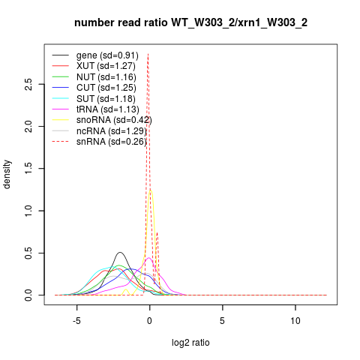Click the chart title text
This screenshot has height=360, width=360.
pyautogui.click(x=190, y=22)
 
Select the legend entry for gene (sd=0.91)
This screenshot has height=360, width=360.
pyautogui.click(x=107, y=55)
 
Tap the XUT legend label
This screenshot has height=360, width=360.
pyautogui.click(x=106, y=66)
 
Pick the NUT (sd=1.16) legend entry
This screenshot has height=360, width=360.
pyautogui.click(x=106, y=77)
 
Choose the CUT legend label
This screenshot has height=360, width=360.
pyautogui.click(x=106, y=88)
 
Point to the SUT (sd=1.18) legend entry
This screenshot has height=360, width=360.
pyautogui.click(x=106, y=99)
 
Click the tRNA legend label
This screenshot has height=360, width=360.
pyautogui.click(x=108, y=109)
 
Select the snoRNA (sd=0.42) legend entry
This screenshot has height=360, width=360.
pyautogui.click(x=114, y=120)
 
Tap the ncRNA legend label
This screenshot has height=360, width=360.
pyautogui.click(x=112, y=131)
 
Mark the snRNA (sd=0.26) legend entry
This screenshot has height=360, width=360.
pyautogui.click(x=112, y=142)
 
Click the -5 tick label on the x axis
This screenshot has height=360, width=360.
pyautogui.click(x=76, y=321)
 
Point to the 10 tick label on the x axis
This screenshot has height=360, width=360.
pyautogui.click(x=295, y=321)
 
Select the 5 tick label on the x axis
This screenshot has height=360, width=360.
pyautogui.click(x=222, y=321)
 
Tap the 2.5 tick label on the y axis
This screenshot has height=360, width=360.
pyautogui.click(x=28, y=84)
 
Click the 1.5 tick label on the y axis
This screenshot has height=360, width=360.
pyautogui.click(x=28, y=169)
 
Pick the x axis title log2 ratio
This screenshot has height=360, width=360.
pyautogui.click(x=190, y=343)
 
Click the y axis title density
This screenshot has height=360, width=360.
pyautogui.click(x=7, y=175)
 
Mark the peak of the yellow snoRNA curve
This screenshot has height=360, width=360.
pyautogui.click(x=151, y=190)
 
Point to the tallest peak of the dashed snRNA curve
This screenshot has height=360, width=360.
pyautogui.click(x=148, y=53)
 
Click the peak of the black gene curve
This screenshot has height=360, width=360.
pyautogui.click(x=121, y=252)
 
